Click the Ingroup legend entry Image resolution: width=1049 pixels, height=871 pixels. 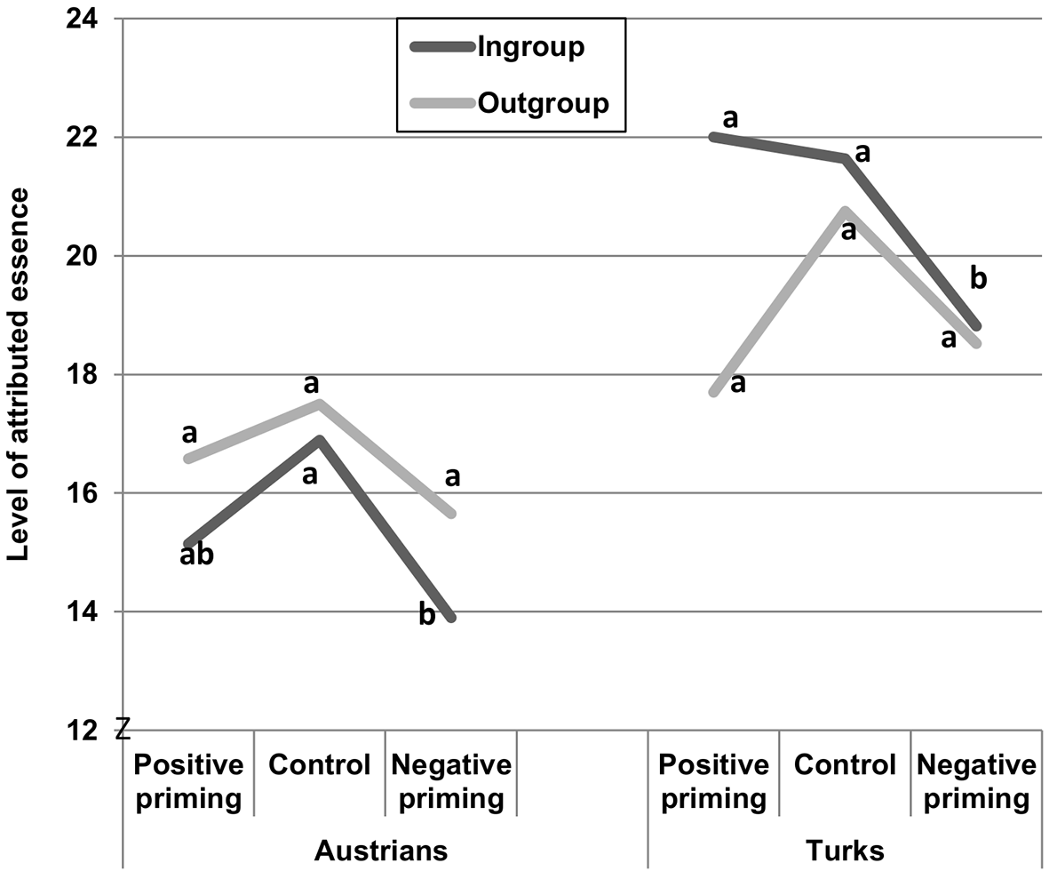[x=497, y=47]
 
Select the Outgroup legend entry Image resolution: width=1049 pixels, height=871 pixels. [x=509, y=103]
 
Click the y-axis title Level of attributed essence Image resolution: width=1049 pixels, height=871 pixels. [x=18, y=374]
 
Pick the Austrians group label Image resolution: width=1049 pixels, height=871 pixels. [x=381, y=851]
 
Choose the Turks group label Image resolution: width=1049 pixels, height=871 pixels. [x=845, y=851]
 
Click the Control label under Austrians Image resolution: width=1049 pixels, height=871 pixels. [x=319, y=764]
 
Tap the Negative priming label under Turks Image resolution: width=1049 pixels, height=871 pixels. [x=976, y=781]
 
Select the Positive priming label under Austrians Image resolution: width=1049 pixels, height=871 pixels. [x=188, y=781]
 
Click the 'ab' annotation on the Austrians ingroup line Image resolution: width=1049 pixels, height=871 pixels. [x=196, y=555]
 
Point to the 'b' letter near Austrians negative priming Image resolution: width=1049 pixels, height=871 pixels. [x=427, y=614]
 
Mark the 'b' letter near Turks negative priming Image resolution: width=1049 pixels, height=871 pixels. [x=978, y=278]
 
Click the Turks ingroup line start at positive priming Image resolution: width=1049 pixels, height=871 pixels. [x=714, y=137]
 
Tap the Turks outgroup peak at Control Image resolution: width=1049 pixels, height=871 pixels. [x=845, y=211]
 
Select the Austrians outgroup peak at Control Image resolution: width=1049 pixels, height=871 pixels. [x=319, y=403]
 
